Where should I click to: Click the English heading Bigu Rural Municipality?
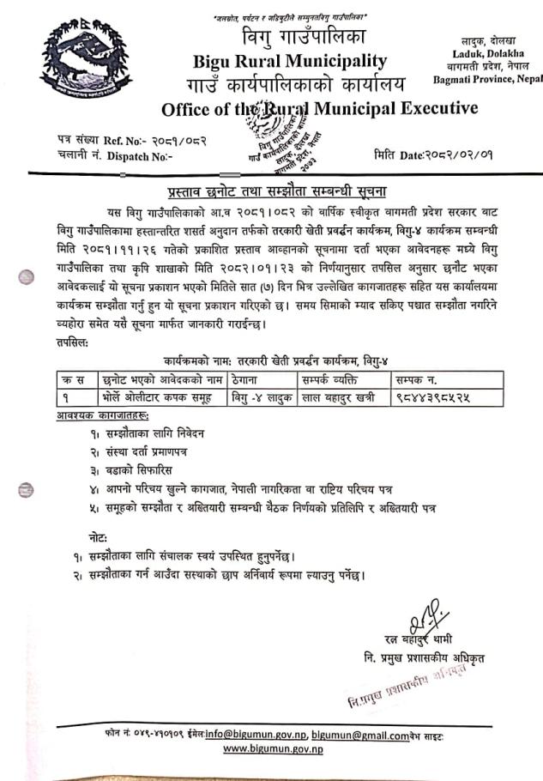coord(290,61)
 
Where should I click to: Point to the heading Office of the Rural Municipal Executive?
coord(319,108)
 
